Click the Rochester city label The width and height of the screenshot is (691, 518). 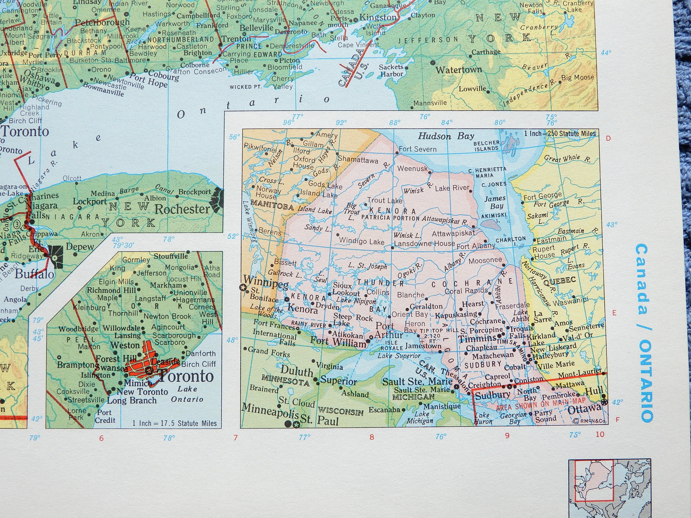coord(182,209)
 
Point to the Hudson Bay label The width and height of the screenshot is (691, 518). coord(446,136)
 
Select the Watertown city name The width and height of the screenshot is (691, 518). coord(459,70)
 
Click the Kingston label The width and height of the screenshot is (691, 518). coord(378,17)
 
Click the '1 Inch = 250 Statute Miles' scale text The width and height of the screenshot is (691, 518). coord(560,134)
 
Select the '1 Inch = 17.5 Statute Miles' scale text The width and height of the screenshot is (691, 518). coord(174,423)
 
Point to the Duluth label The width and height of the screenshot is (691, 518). coord(296,371)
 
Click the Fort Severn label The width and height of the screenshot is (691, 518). coord(417,149)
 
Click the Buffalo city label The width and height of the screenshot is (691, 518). coord(34,274)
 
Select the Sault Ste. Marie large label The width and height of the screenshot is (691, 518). coord(417,381)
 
